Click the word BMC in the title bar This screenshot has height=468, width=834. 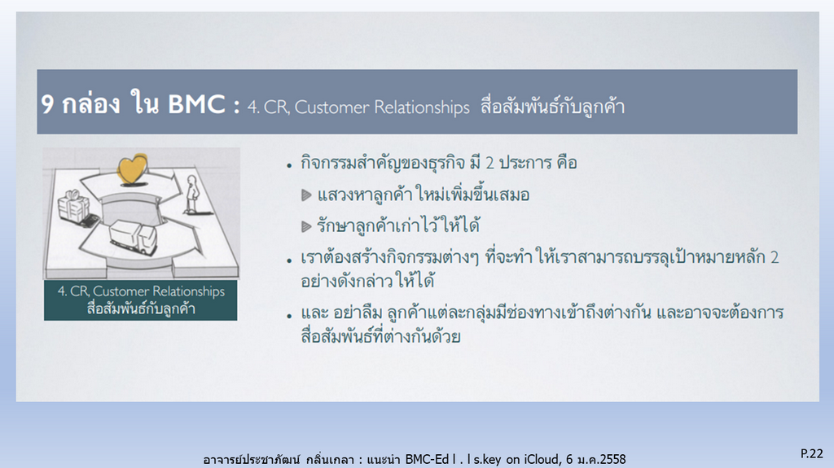(x=196, y=103)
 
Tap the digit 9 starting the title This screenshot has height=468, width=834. (x=47, y=103)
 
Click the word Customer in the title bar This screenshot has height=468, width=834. (x=332, y=107)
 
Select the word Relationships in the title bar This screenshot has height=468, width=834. (x=422, y=107)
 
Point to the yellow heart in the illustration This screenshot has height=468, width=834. (x=133, y=169)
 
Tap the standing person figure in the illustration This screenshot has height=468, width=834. (x=191, y=194)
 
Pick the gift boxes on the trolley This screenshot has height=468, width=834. (x=74, y=207)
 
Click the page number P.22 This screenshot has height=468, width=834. (x=812, y=453)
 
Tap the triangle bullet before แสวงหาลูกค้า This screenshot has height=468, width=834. (x=306, y=195)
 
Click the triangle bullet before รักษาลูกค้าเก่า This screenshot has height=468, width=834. (x=306, y=227)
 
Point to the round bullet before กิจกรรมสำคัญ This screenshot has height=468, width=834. (x=289, y=166)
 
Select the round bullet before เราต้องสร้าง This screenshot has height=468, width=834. (x=289, y=260)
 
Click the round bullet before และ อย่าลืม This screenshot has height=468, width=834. (x=289, y=316)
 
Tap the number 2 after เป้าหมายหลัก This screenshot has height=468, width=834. (x=775, y=258)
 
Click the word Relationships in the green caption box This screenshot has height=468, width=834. (x=188, y=291)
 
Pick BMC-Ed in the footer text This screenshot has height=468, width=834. (x=428, y=459)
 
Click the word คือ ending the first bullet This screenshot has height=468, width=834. (x=567, y=162)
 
